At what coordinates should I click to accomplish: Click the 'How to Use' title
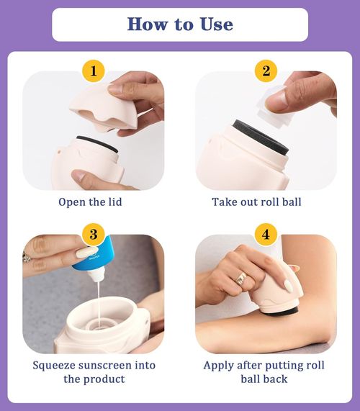tap(179, 24)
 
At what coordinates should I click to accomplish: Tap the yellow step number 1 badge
tap(94, 71)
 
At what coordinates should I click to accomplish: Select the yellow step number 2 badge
tap(266, 71)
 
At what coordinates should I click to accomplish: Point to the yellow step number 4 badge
tap(266, 235)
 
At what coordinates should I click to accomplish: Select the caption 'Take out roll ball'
tap(266, 202)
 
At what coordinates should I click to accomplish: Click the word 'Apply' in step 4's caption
tap(219, 365)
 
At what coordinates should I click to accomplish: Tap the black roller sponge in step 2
tap(260, 137)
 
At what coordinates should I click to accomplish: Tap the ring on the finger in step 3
tap(27, 257)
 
